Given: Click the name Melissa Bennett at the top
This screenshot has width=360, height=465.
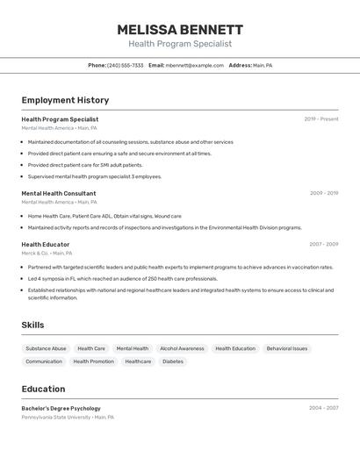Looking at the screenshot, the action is click(x=180, y=29).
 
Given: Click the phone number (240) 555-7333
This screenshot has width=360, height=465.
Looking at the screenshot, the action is click(x=126, y=65).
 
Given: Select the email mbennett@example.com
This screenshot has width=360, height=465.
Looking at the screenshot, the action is click(x=194, y=65).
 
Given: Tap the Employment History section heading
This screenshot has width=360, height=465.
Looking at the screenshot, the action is click(x=65, y=100).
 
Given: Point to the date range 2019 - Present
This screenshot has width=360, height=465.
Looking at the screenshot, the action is click(x=321, y=119).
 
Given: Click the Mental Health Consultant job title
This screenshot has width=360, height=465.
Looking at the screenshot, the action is click(x=59, y=193).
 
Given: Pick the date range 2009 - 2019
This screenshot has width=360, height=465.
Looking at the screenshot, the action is click(x=324, y=193).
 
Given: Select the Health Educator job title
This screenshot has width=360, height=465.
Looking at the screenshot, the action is click(x=46, y=244).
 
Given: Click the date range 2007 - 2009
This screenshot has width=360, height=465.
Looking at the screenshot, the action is click(x=323, y=244).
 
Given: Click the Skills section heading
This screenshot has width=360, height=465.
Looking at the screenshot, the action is click(x=32, y=325).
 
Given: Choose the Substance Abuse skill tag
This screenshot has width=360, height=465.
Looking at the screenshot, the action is click(x=46, y=348).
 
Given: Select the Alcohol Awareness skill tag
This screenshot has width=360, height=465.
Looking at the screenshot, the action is click(x=182, y=348).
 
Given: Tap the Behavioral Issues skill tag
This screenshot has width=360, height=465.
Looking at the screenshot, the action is click(x=287, y=348).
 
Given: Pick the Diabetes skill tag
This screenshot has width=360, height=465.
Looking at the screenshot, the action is click(x=173, y=361).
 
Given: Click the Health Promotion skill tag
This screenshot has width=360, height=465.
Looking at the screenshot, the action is click(x=93, y=361).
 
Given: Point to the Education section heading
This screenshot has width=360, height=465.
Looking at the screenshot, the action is click(x=43, y=389).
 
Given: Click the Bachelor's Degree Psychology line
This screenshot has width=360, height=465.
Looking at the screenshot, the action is click(x=61, y=408).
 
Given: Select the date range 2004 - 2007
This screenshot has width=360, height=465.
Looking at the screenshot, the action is click(x=323, y=408).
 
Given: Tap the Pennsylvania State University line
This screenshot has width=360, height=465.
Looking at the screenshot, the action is click(x=67, y=418).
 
